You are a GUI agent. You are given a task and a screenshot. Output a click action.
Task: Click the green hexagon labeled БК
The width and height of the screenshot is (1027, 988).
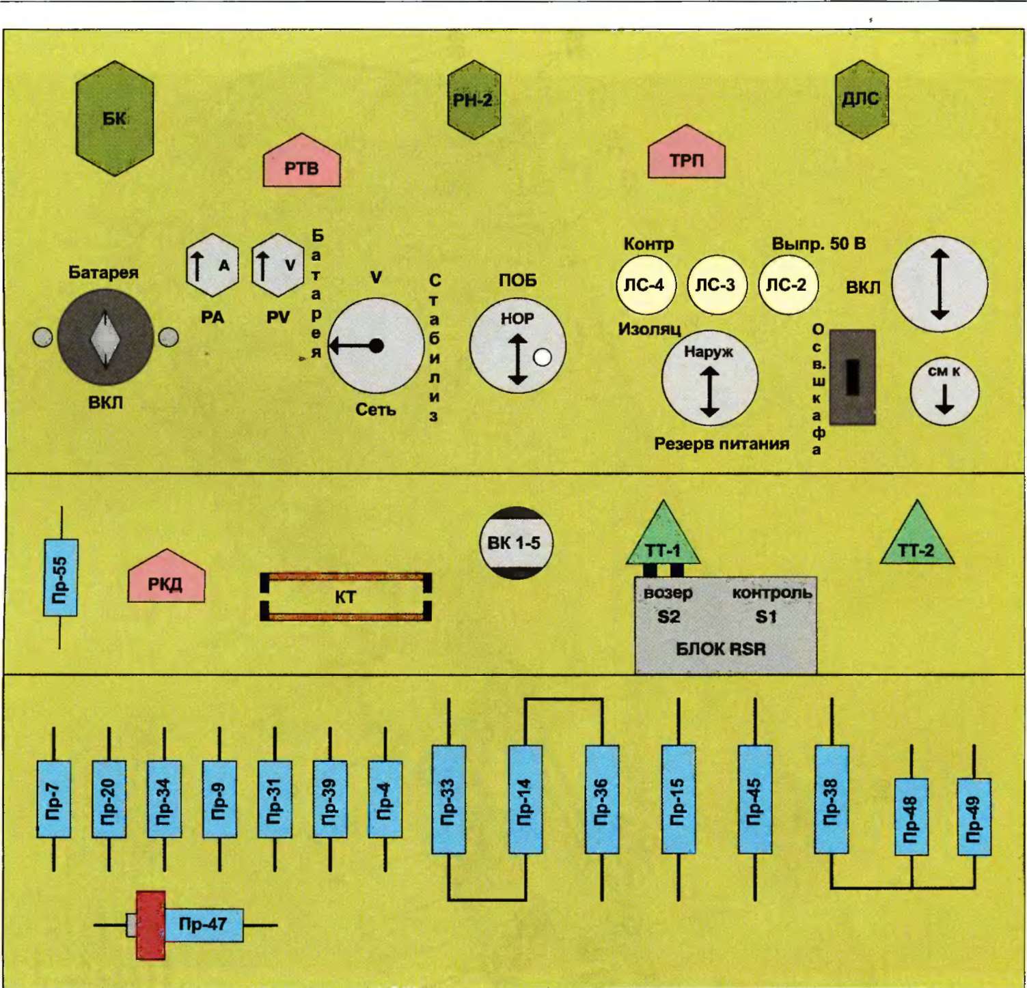(x=114, y=119)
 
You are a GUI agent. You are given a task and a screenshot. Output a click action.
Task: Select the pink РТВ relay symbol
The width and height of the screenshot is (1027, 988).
(x=301, y=164)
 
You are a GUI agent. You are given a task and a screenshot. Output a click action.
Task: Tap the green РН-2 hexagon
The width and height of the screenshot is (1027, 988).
(x=474, y=100)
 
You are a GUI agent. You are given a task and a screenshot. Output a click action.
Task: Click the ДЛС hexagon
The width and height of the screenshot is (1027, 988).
(x=861, y=100)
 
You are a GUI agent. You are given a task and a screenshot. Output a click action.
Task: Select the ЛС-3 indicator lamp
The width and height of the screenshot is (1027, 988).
(x=715, y=285)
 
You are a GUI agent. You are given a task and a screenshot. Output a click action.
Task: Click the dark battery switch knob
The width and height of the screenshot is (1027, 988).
(x=105, y=338)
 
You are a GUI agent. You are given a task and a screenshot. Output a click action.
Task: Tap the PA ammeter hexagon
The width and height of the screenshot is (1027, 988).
(x=212, y=266)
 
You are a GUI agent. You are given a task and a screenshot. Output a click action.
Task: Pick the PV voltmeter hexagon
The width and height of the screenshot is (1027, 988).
(x=277, y=266)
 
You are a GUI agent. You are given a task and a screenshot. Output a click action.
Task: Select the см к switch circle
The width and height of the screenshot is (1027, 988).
(x=944, y=391)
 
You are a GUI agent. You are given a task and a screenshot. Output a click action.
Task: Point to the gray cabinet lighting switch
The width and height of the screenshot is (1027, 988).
(x=852, y=378)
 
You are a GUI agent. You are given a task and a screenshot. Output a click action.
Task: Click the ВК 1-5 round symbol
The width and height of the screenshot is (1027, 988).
(x=515, y=543)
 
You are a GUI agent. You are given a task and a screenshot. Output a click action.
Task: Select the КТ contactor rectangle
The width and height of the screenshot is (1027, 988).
(x=345, y=597)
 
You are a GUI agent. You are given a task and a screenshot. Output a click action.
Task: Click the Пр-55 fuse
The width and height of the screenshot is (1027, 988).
(x=60, y=578)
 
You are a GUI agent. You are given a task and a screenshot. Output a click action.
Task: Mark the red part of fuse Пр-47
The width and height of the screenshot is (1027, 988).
(x=150, y=925)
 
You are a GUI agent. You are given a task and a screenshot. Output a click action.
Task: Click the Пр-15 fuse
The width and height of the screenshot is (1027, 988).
(x=678, y=800)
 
